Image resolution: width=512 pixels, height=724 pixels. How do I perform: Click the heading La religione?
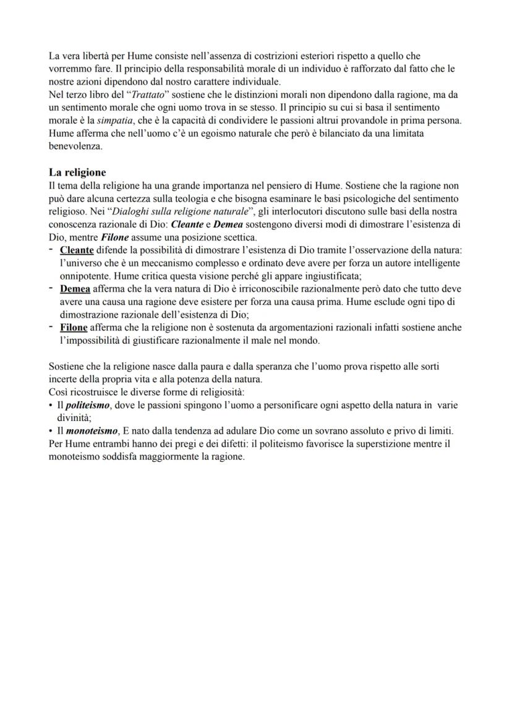pos(77,172)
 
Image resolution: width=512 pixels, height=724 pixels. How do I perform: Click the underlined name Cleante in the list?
pos(77,250)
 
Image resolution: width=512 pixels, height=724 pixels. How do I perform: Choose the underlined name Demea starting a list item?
pos(75,289)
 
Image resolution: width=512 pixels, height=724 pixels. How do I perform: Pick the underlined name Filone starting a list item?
pos(74,328)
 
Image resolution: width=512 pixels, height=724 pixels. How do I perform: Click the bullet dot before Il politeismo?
pos(51,405)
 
